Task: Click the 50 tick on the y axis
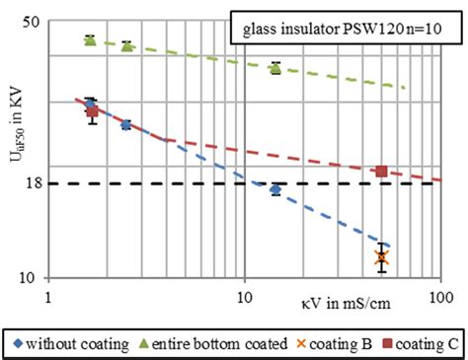[x=31, y=22]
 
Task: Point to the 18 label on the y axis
[x=31, y=183]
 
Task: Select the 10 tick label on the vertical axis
[x=31, y=278]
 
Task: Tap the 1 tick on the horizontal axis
[x=48, y=293]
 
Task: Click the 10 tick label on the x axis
[x=244, y=293]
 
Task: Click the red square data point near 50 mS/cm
[x=382, y=172]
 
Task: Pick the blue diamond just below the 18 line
[x=275, y=189]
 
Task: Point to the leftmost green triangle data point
[x=90, y=39]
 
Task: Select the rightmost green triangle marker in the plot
[x=275, y=67]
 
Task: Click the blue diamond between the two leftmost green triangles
[x=125, y=124]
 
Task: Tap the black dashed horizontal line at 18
[x=197, y=184]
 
